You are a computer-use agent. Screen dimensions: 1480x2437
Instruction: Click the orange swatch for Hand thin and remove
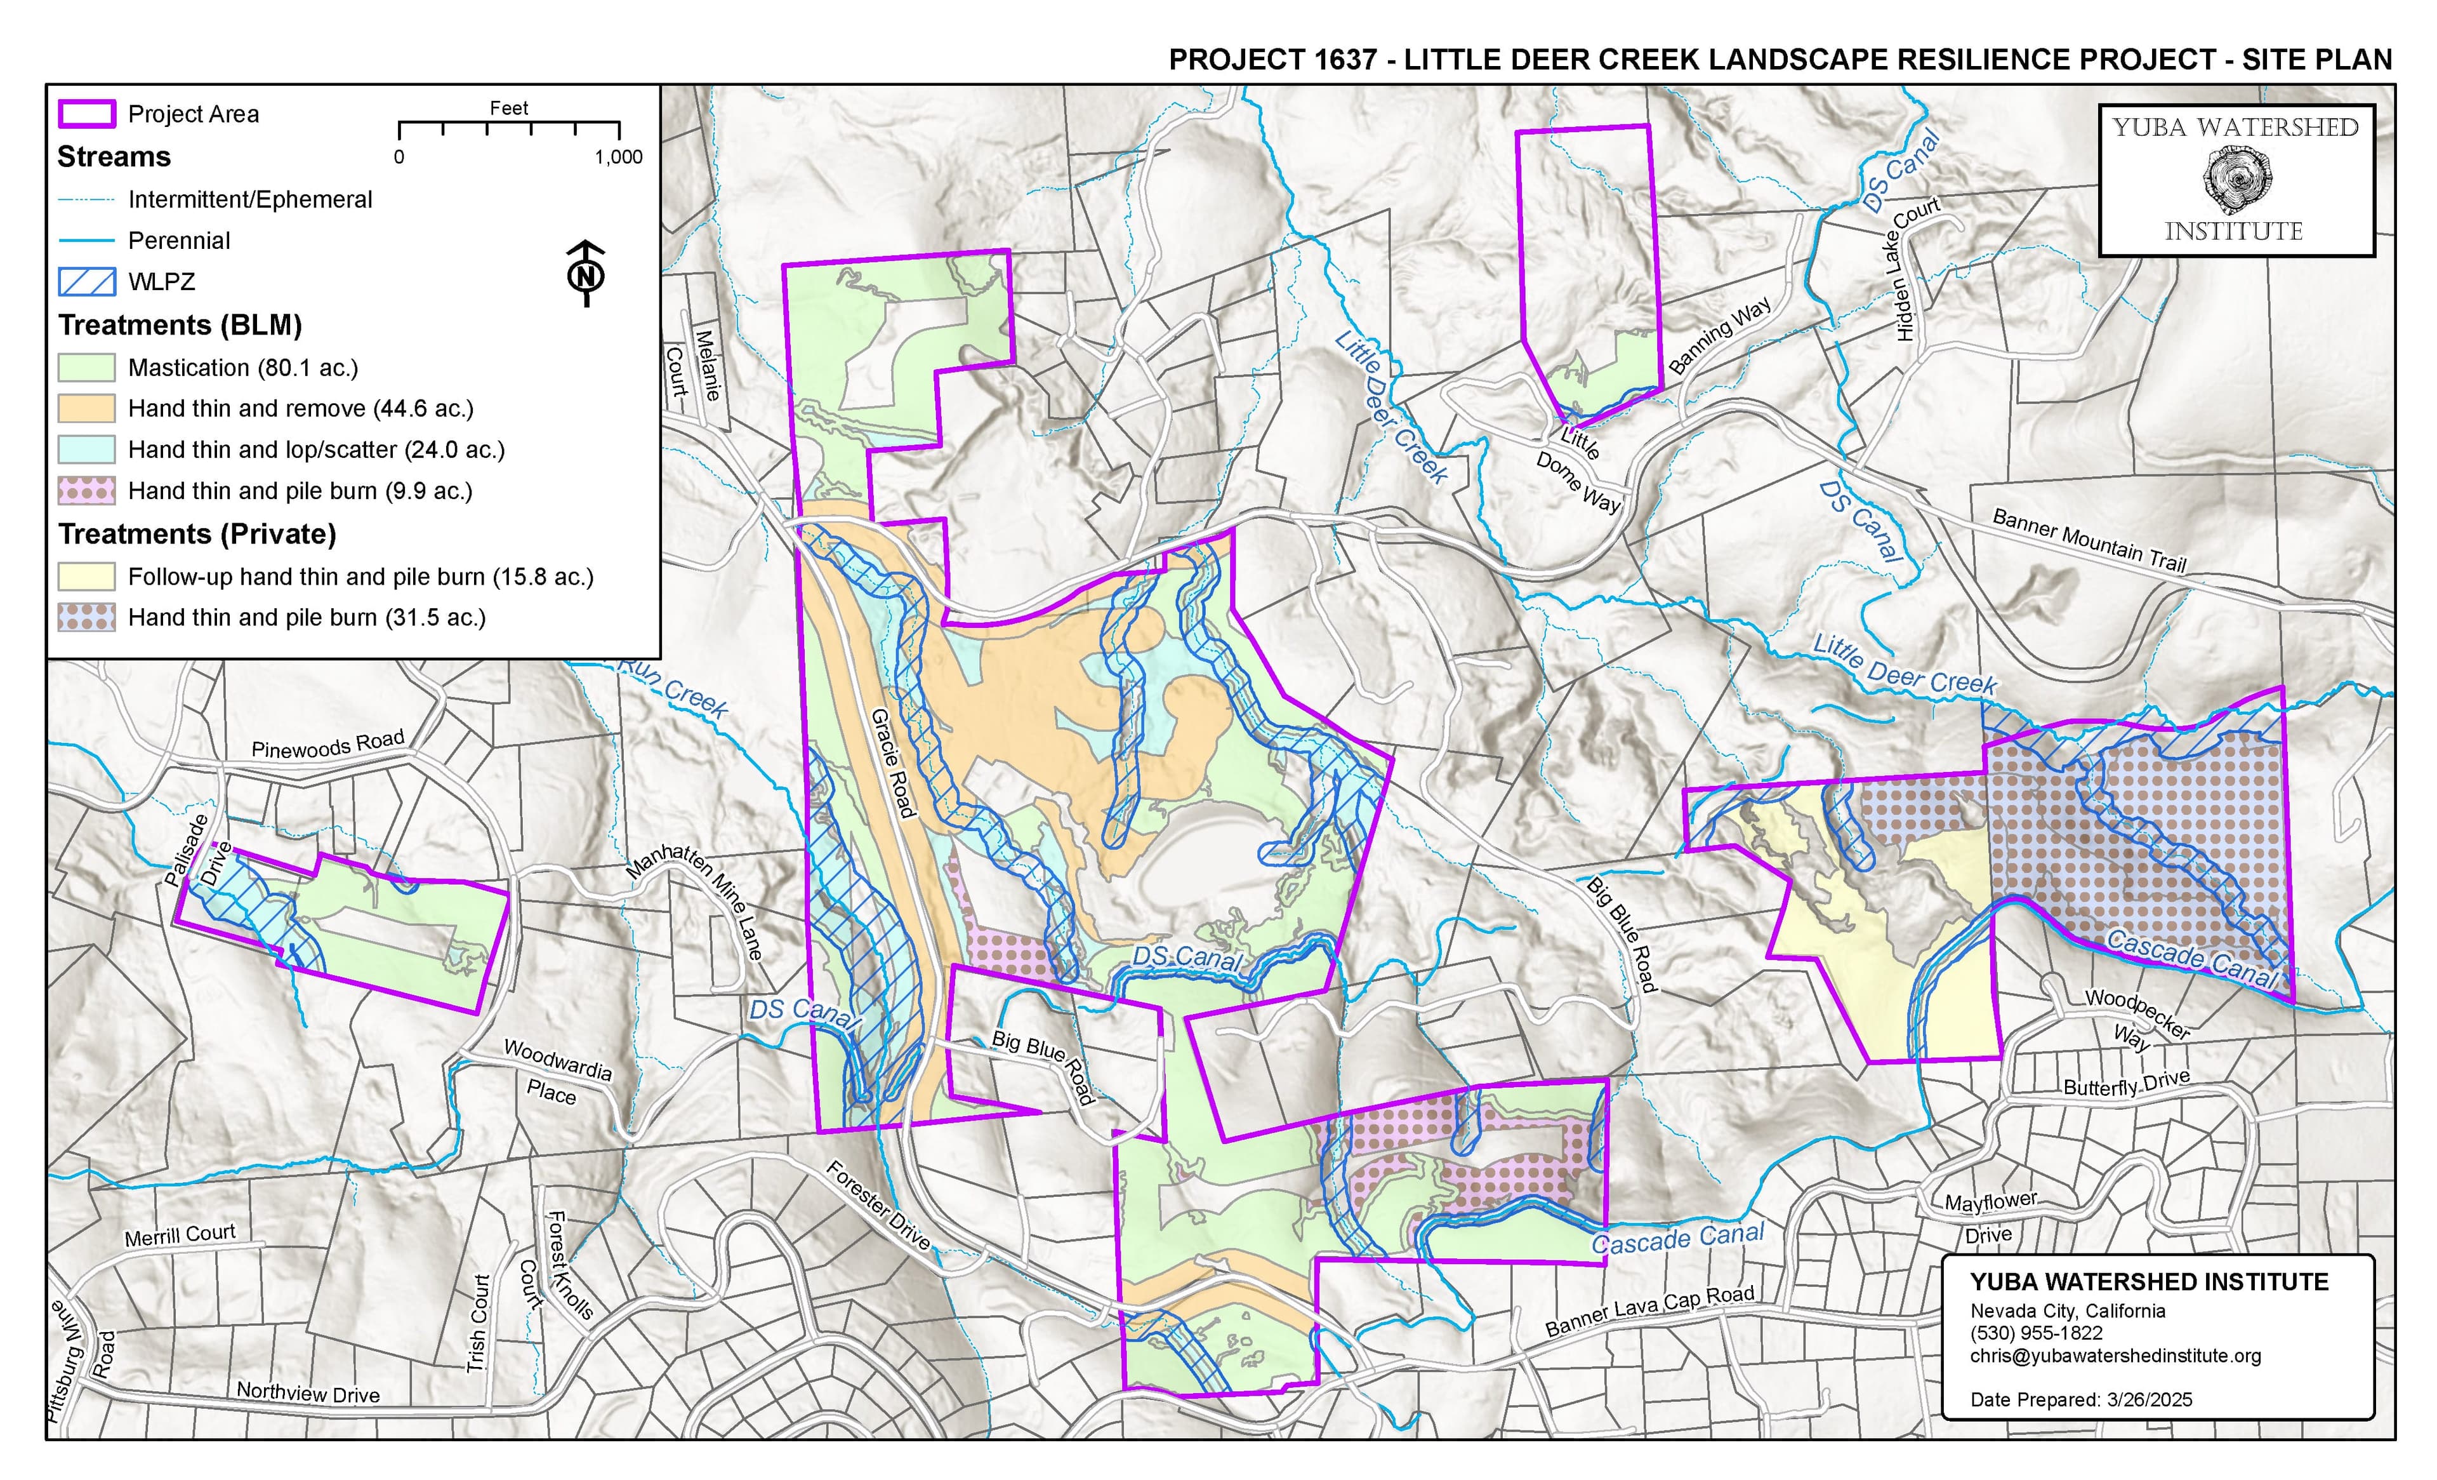point(86,409)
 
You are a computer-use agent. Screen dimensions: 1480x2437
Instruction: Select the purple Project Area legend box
point(86,114)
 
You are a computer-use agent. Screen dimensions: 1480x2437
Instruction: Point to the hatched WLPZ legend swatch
point(86,282)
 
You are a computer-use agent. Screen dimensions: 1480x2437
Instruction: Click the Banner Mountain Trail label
point(2088,540)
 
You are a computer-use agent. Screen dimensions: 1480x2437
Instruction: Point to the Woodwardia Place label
point(556,1071)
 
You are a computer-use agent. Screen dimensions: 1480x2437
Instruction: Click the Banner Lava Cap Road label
point(1649,1310)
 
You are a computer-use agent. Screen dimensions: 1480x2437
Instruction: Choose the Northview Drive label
point(308,1393)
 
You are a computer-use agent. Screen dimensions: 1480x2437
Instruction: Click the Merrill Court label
point(180,1236)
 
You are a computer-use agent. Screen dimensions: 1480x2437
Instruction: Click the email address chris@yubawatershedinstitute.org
point(2115,1356)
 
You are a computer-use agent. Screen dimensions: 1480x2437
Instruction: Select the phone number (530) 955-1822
point(2035,1333)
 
